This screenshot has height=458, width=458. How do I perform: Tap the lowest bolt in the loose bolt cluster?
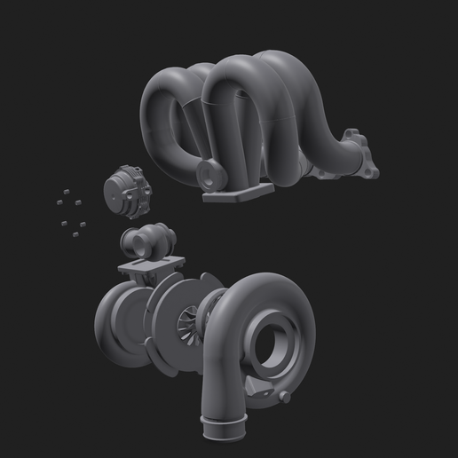[75, 234]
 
